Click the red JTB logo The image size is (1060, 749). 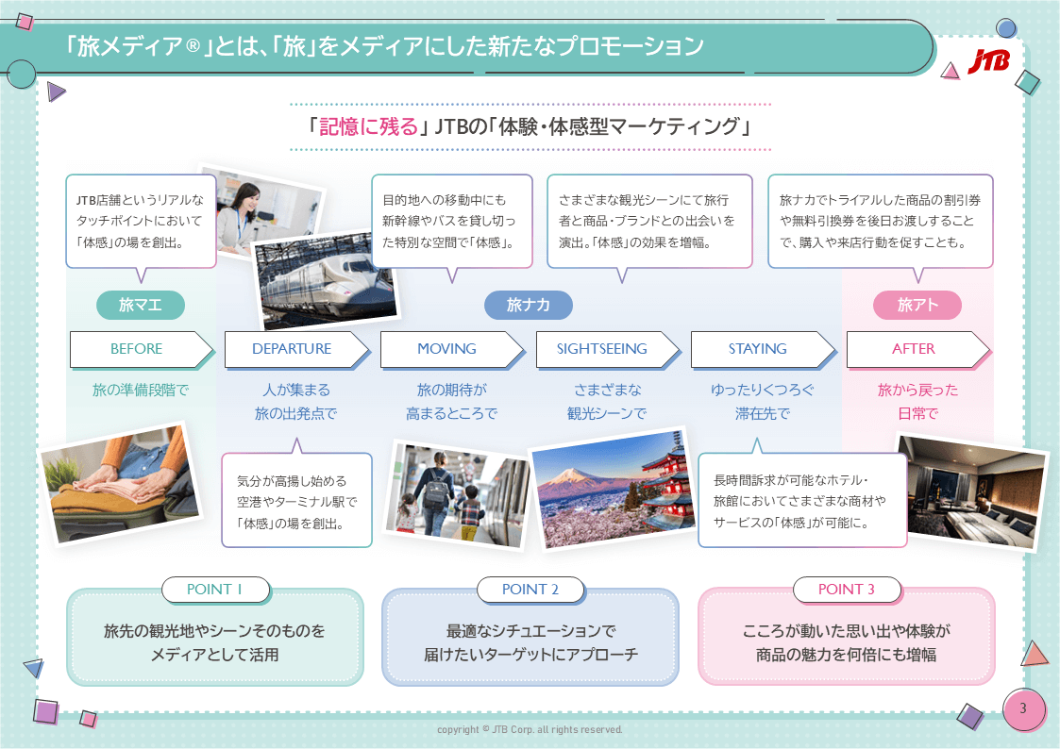(988, 61)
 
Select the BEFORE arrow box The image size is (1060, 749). (138, 349)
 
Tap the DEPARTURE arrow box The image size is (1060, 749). (293, 349)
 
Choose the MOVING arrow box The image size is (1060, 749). (447, 349)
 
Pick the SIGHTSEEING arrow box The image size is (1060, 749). (602, 349)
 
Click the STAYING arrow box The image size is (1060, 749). (758, 349)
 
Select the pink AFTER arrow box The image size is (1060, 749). (914, 349)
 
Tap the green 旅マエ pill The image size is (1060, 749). (141, 305)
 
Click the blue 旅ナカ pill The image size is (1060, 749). (528, 305)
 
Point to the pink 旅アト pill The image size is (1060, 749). (917, 305)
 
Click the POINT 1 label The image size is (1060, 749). (215, 590)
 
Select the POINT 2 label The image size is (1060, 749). (530, 590)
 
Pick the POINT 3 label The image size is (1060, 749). (847, 590)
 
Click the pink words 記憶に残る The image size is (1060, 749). (368, 126)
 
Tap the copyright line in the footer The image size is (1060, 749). (530, 730)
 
